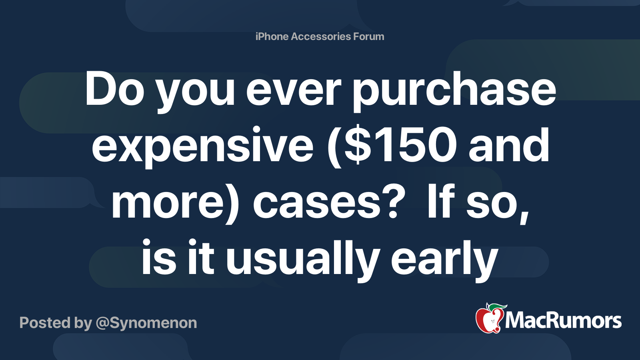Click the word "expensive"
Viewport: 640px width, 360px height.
202,146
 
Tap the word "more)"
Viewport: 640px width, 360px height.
175,203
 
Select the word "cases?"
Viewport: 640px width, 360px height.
326,203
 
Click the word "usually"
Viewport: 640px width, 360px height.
302,260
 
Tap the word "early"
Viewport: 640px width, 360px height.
444,260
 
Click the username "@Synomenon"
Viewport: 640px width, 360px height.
146,323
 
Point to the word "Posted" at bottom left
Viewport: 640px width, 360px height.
45,323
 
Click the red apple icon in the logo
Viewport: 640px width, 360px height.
489,319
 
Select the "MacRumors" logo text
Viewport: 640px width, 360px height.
563,321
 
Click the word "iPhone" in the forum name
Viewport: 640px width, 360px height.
272,36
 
